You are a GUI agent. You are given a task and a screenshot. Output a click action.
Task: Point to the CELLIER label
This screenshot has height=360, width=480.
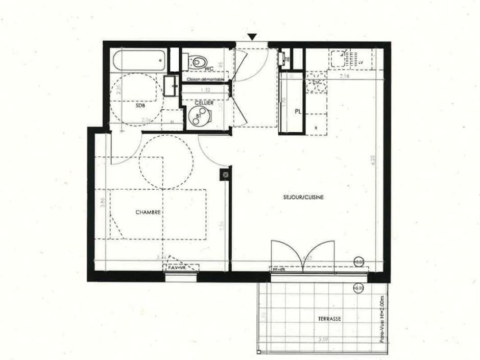[x=204, y=103]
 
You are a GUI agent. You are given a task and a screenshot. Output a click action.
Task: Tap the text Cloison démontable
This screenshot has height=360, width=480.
[x=205, y=80]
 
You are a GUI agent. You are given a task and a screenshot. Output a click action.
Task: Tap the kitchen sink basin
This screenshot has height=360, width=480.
[x=339, y=60]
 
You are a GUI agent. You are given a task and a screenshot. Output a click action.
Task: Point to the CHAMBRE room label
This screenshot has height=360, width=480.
[x=149, y=212]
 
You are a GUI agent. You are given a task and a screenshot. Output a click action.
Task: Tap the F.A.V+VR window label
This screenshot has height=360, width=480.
[x=178, y=267]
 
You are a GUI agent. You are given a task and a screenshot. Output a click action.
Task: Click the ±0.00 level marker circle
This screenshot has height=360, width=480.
[x=359, y=262]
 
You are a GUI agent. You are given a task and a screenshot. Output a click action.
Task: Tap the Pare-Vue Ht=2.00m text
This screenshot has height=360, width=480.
[x=382, y=320]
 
